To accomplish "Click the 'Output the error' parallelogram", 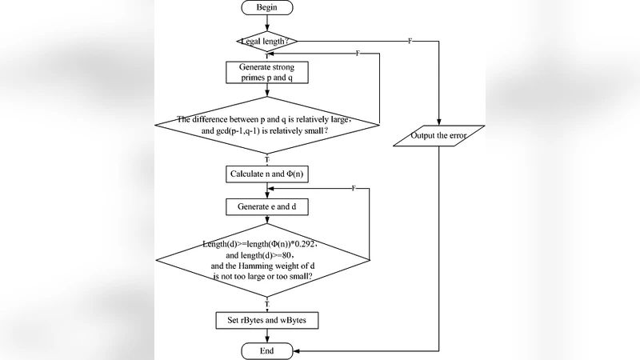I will (439, 134).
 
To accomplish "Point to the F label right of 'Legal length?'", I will (410, 41).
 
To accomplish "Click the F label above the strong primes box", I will (357, 52).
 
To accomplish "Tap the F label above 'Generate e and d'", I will (353, 187).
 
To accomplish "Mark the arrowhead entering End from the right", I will (296, 350).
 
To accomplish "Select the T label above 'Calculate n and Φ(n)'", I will (266, 159).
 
